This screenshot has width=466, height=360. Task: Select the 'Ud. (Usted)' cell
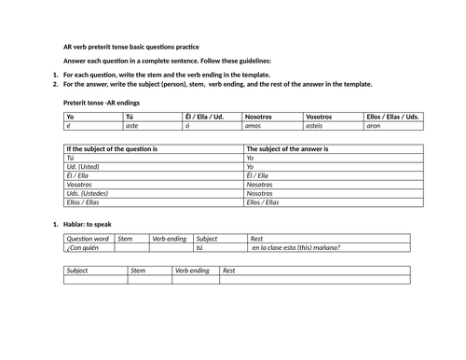(86, 168)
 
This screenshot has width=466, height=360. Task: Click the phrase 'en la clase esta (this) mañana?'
(295, 247)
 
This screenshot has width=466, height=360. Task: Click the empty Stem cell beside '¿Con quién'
(131, 247)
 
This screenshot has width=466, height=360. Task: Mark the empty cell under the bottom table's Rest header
(314, 280)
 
